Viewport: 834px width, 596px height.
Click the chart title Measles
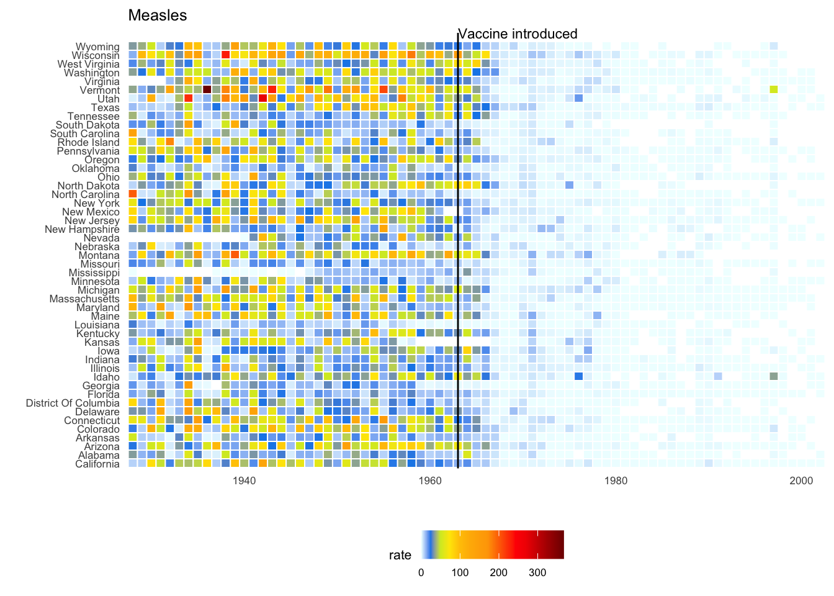(157, 16)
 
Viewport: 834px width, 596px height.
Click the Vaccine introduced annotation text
(518, 34)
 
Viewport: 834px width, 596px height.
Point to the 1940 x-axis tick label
(244, 481)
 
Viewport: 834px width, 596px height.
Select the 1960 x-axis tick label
(430, 481)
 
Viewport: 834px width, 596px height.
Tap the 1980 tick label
(616, 481)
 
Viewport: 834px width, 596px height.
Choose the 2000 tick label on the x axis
(801, 481)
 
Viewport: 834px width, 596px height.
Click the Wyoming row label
(97, 47)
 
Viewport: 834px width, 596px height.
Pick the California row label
(97, 464)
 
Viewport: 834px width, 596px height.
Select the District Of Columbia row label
(73, 404)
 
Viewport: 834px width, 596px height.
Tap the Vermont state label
(99, 91)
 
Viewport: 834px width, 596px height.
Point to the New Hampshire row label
(82, 230)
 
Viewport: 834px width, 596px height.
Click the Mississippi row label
(94, 273)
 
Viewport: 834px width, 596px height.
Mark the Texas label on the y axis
(105, 108)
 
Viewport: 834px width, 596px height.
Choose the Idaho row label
(106, 377)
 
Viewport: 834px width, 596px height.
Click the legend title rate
(400, 555)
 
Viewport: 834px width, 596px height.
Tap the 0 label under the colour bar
(421, 573)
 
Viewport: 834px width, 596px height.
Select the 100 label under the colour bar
(460, 573)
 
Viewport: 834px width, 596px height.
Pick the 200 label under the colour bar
(499, 573)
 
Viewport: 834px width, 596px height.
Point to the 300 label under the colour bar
(537, 573)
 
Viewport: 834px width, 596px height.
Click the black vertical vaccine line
(458, 248)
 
